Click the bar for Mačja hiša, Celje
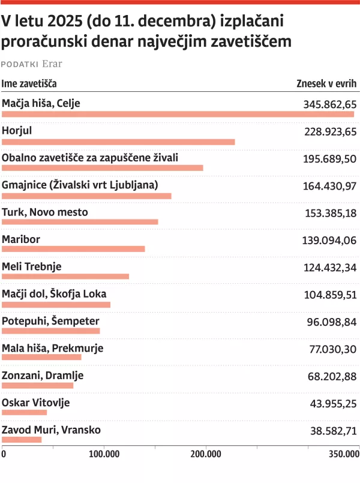coord(178,115)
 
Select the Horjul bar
coord(118,142)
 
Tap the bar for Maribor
coord(73,249)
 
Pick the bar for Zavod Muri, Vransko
coord(22,440)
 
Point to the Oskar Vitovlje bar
coord(24,412)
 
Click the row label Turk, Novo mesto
coord(45,212)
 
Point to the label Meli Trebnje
coord(32,266)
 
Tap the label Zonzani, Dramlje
coord(43,376)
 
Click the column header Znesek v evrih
coord(326,83)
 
